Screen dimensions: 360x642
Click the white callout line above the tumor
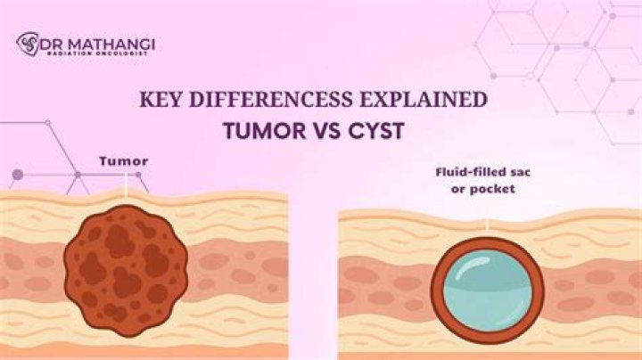127,184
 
